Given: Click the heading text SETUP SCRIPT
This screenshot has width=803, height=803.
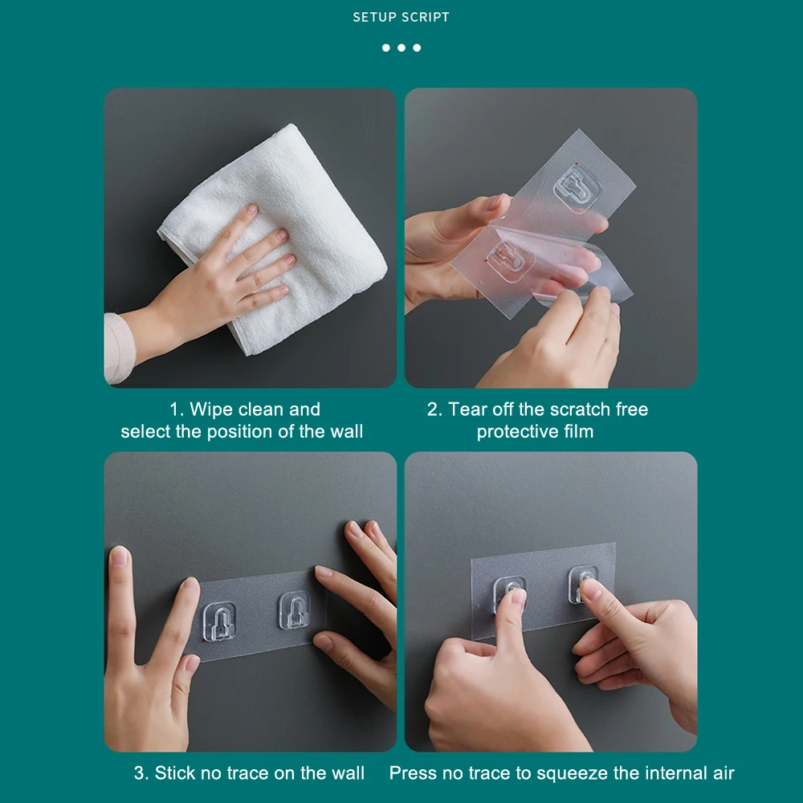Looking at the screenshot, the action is tap(401, 18).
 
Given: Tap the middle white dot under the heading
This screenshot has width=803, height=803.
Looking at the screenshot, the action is tap(401, 47).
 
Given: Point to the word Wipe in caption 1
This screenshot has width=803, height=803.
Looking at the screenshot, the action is tap(212, 410).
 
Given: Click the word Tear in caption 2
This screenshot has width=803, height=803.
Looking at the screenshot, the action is tap(467, 410).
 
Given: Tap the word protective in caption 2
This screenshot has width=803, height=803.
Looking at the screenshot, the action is tap(517, 432).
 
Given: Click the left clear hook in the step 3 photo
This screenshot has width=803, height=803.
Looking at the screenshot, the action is tap(219, 622).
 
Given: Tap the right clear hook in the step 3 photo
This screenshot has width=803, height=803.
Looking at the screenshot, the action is tap(295, 610).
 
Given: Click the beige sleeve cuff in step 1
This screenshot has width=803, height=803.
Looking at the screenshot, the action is tap(118, 349).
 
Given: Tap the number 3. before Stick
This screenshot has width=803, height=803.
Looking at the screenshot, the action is tap(141, 772).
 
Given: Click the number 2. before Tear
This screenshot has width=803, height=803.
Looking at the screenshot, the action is tap(434, 410).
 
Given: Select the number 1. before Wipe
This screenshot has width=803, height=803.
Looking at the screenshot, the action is tap(177, 410).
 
